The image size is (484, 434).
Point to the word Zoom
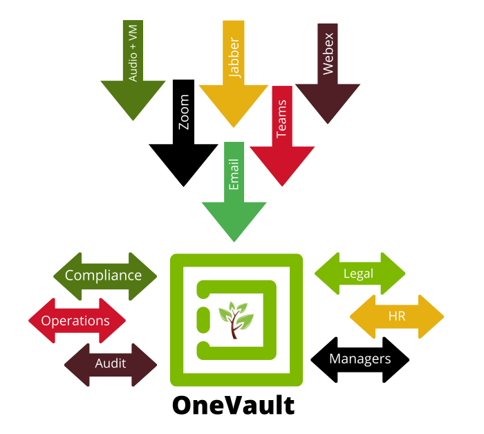click(184, 112)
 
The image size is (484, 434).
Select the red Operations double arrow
click(77, 320)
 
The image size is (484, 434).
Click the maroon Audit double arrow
click(111, 364)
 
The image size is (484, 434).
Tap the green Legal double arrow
click(360, 273)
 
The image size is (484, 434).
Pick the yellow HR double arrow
click(397, 316)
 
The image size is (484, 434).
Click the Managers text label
click(360, 359)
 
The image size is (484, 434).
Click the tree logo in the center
click(236, 320)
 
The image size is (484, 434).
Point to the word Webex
click(328, 53)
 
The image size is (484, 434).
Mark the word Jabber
click(234, 57)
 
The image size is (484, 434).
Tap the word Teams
click(281, 119)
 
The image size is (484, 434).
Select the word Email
click(234, 174)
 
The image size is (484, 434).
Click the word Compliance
click(103, 275)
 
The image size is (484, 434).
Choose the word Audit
click(111, 363)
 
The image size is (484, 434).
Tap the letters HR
click(397, 316)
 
